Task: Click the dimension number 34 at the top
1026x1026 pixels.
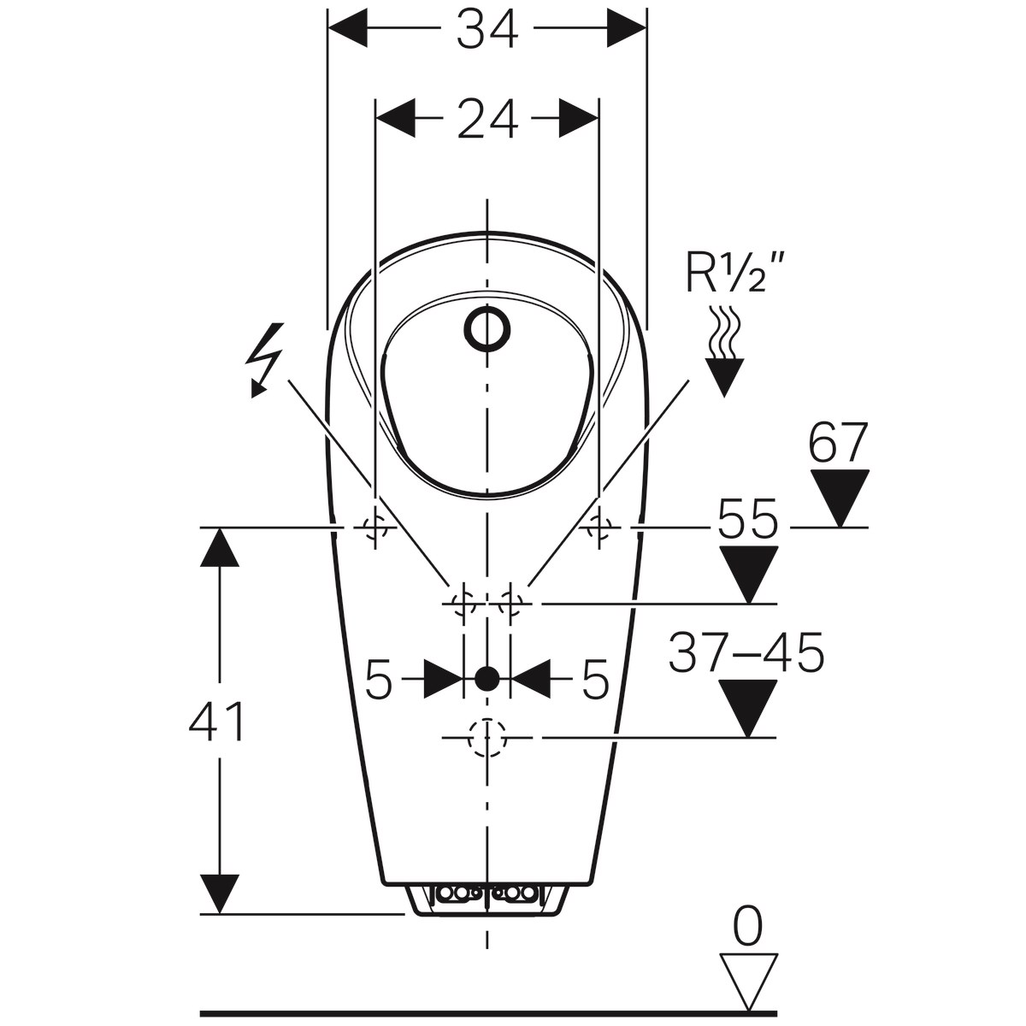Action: coord(486,31)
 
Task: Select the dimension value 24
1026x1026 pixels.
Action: coord(486,119)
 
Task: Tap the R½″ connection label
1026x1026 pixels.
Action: coord(734,273)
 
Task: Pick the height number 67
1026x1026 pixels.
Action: coord(839,443)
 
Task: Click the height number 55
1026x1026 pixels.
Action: coord(747,519)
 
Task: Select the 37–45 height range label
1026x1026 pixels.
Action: coord(746,654)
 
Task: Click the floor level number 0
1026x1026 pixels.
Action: coord(748,929)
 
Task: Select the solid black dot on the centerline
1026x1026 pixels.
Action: coord(486,679)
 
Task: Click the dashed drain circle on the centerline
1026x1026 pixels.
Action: coord(486,737)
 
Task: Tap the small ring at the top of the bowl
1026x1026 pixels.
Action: coord(487,329)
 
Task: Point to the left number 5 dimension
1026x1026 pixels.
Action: coord(378,681)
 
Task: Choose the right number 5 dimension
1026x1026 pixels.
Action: coord(595,681)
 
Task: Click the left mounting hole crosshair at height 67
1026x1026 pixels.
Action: coord(374,528)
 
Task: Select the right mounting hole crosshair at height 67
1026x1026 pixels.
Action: coord(599,528)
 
